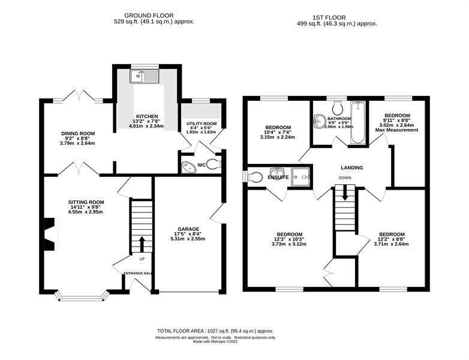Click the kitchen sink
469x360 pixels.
(x=144, y=76)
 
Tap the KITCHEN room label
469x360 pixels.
(x=147, y=116)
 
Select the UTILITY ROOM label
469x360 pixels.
(x=202, y=124)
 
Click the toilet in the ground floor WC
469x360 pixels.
(x=214, y=164)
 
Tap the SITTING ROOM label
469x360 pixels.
(x=86, y=202)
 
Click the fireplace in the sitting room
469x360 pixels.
(x=51, y=234)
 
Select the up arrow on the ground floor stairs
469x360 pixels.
(x=142, y=244)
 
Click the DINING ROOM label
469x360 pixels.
(x=78, y=133)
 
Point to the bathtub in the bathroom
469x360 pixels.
(x=358, y=123)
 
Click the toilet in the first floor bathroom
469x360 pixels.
(x=338, y=108)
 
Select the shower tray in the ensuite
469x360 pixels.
(x=301, y=177)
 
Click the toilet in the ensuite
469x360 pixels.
(x=252, y=176)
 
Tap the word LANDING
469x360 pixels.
(x=352, y=168)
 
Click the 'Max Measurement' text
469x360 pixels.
(x=396, y=130)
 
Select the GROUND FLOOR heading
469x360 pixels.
(x=149, y=15)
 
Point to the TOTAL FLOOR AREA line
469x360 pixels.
(x=215, y=331)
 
